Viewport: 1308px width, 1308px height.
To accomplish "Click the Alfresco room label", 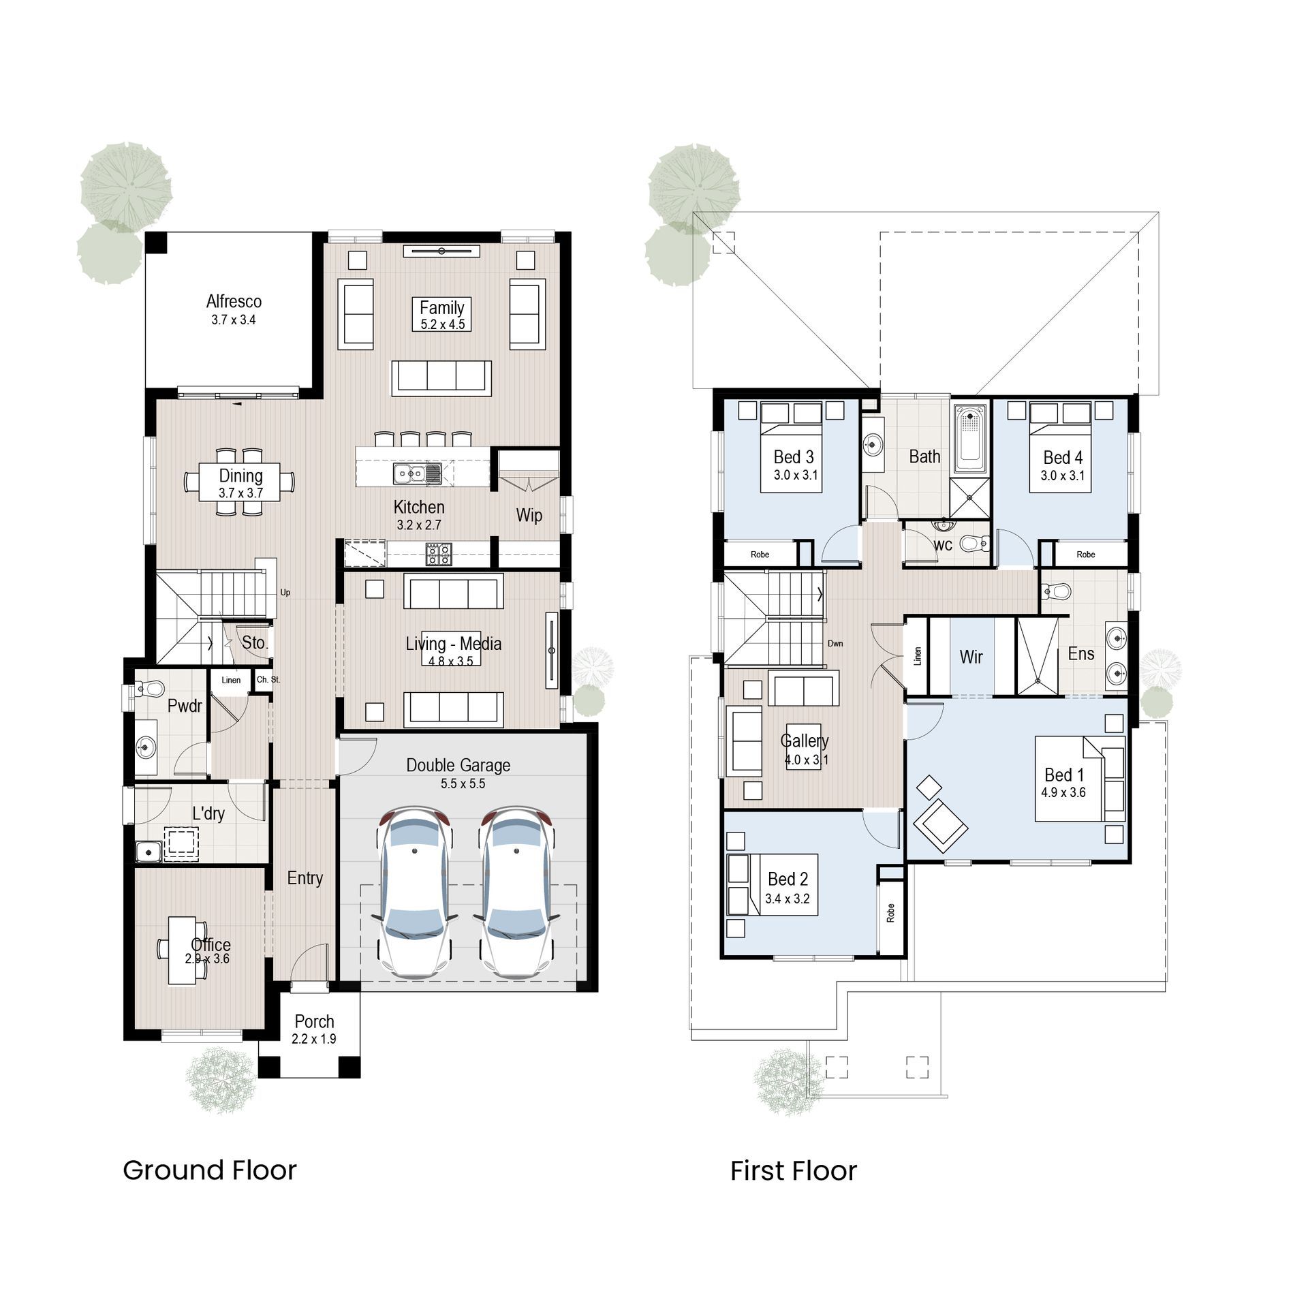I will pyautogui.click(x=234, y=301).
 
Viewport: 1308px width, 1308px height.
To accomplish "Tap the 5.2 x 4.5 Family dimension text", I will pyautogui.click(x=442, y=325).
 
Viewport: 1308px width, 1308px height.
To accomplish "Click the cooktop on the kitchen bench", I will pyautogui.click(x=439, y=554).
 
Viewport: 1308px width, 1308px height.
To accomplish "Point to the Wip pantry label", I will pyautogui.click(x=529, y=515).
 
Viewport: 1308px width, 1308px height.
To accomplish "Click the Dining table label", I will pyautogui.click(x=240, y=476).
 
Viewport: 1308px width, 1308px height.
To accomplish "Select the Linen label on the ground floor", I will pyautogui.click(x=231, y=680).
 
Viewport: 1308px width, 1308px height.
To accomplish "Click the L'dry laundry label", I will pyautogui.click(x=208, y=813).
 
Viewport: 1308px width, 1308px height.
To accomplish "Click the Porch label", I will pyautogui.click(x=314, y=1022).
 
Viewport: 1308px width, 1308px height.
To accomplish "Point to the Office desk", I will pyautogui.click(x=182, y=950).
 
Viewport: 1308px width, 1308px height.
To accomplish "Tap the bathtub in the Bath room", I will pyautogui.click(x=969, y=438).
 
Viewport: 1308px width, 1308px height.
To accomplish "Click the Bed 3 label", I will pyautogui.click(x=793, y=457).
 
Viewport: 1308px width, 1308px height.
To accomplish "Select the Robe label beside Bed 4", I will pyautogui.click(x=1085, y=555).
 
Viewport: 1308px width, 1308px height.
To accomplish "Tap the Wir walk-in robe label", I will pyautogui.click(x=971, y=657).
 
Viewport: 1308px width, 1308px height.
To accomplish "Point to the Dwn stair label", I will pyautogui.click(x=835, y=643).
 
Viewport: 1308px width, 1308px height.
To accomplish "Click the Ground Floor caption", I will pyautogui.click(x=210, y=1170).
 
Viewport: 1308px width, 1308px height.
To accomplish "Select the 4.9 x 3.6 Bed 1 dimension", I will pyautogui.click(x=1063, y=792).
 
